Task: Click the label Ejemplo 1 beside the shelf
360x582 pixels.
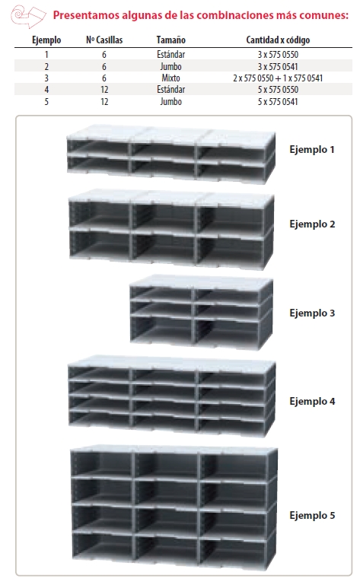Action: click(312, 150)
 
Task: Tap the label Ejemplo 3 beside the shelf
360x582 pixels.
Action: click(312, 313)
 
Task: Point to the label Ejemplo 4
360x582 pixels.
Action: click(312, 400)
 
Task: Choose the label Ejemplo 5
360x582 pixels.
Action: click(312, 515)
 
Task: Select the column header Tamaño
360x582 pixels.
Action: click(170, 40)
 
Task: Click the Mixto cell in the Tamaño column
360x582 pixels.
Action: click(170, 77)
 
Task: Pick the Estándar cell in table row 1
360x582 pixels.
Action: click(170, 55)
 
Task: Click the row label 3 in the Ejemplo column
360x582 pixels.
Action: click(46, 77)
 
